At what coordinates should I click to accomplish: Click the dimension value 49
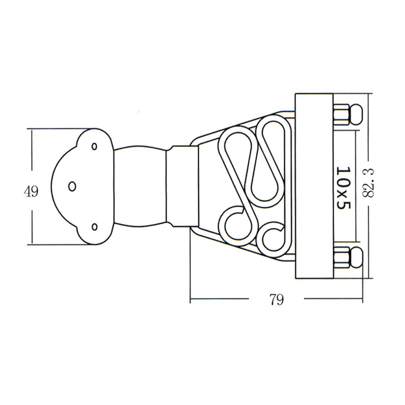31,192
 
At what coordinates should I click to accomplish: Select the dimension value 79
276,300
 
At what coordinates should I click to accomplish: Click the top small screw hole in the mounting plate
95,146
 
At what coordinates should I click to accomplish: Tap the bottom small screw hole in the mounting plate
95,227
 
